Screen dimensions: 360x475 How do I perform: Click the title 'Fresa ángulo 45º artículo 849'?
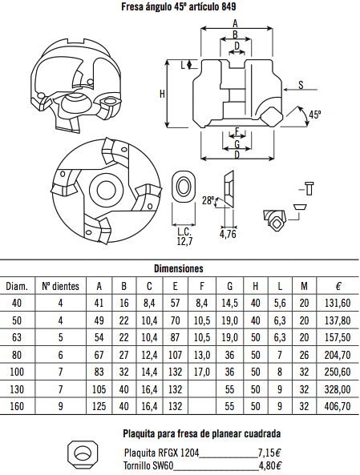[178, 6]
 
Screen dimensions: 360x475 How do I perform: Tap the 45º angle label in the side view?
[314, 115]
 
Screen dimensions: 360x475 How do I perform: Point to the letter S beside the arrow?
[301, 85]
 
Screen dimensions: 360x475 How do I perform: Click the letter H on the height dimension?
[162, 95]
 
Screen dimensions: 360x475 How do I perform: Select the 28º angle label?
[208, 200]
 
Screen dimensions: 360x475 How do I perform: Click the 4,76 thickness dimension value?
[228, 234]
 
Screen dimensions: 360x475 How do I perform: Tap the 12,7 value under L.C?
[184, 241]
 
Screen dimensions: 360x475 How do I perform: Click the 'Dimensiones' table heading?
[178, 268]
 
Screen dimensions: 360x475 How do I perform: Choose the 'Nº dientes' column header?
[60, 286]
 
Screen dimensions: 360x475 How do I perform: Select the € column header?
[338, 286]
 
